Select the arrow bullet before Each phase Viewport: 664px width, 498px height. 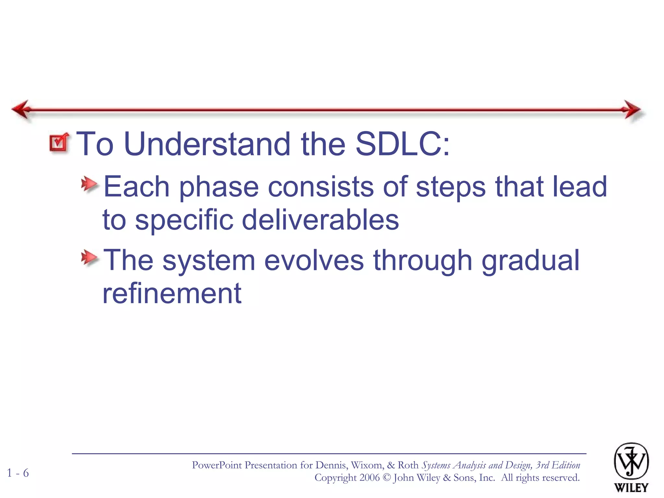tap(89, 185)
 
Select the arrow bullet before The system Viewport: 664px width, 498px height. tap(89, 258)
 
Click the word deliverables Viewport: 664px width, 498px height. tap(320, 220)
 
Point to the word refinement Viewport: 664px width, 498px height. tap(172, 293)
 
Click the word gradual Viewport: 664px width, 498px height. tap(530, 260)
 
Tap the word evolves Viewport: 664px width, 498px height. tap(314, 260)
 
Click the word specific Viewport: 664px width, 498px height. tap(184, 220)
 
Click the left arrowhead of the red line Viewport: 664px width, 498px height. tap(21, 109)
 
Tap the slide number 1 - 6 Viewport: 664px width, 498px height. tap(18, 473)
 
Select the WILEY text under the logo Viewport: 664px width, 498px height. tap(631, 488)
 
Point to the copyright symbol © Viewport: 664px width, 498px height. tap(387, 478)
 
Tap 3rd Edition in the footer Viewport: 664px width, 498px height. tap(558, 465)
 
